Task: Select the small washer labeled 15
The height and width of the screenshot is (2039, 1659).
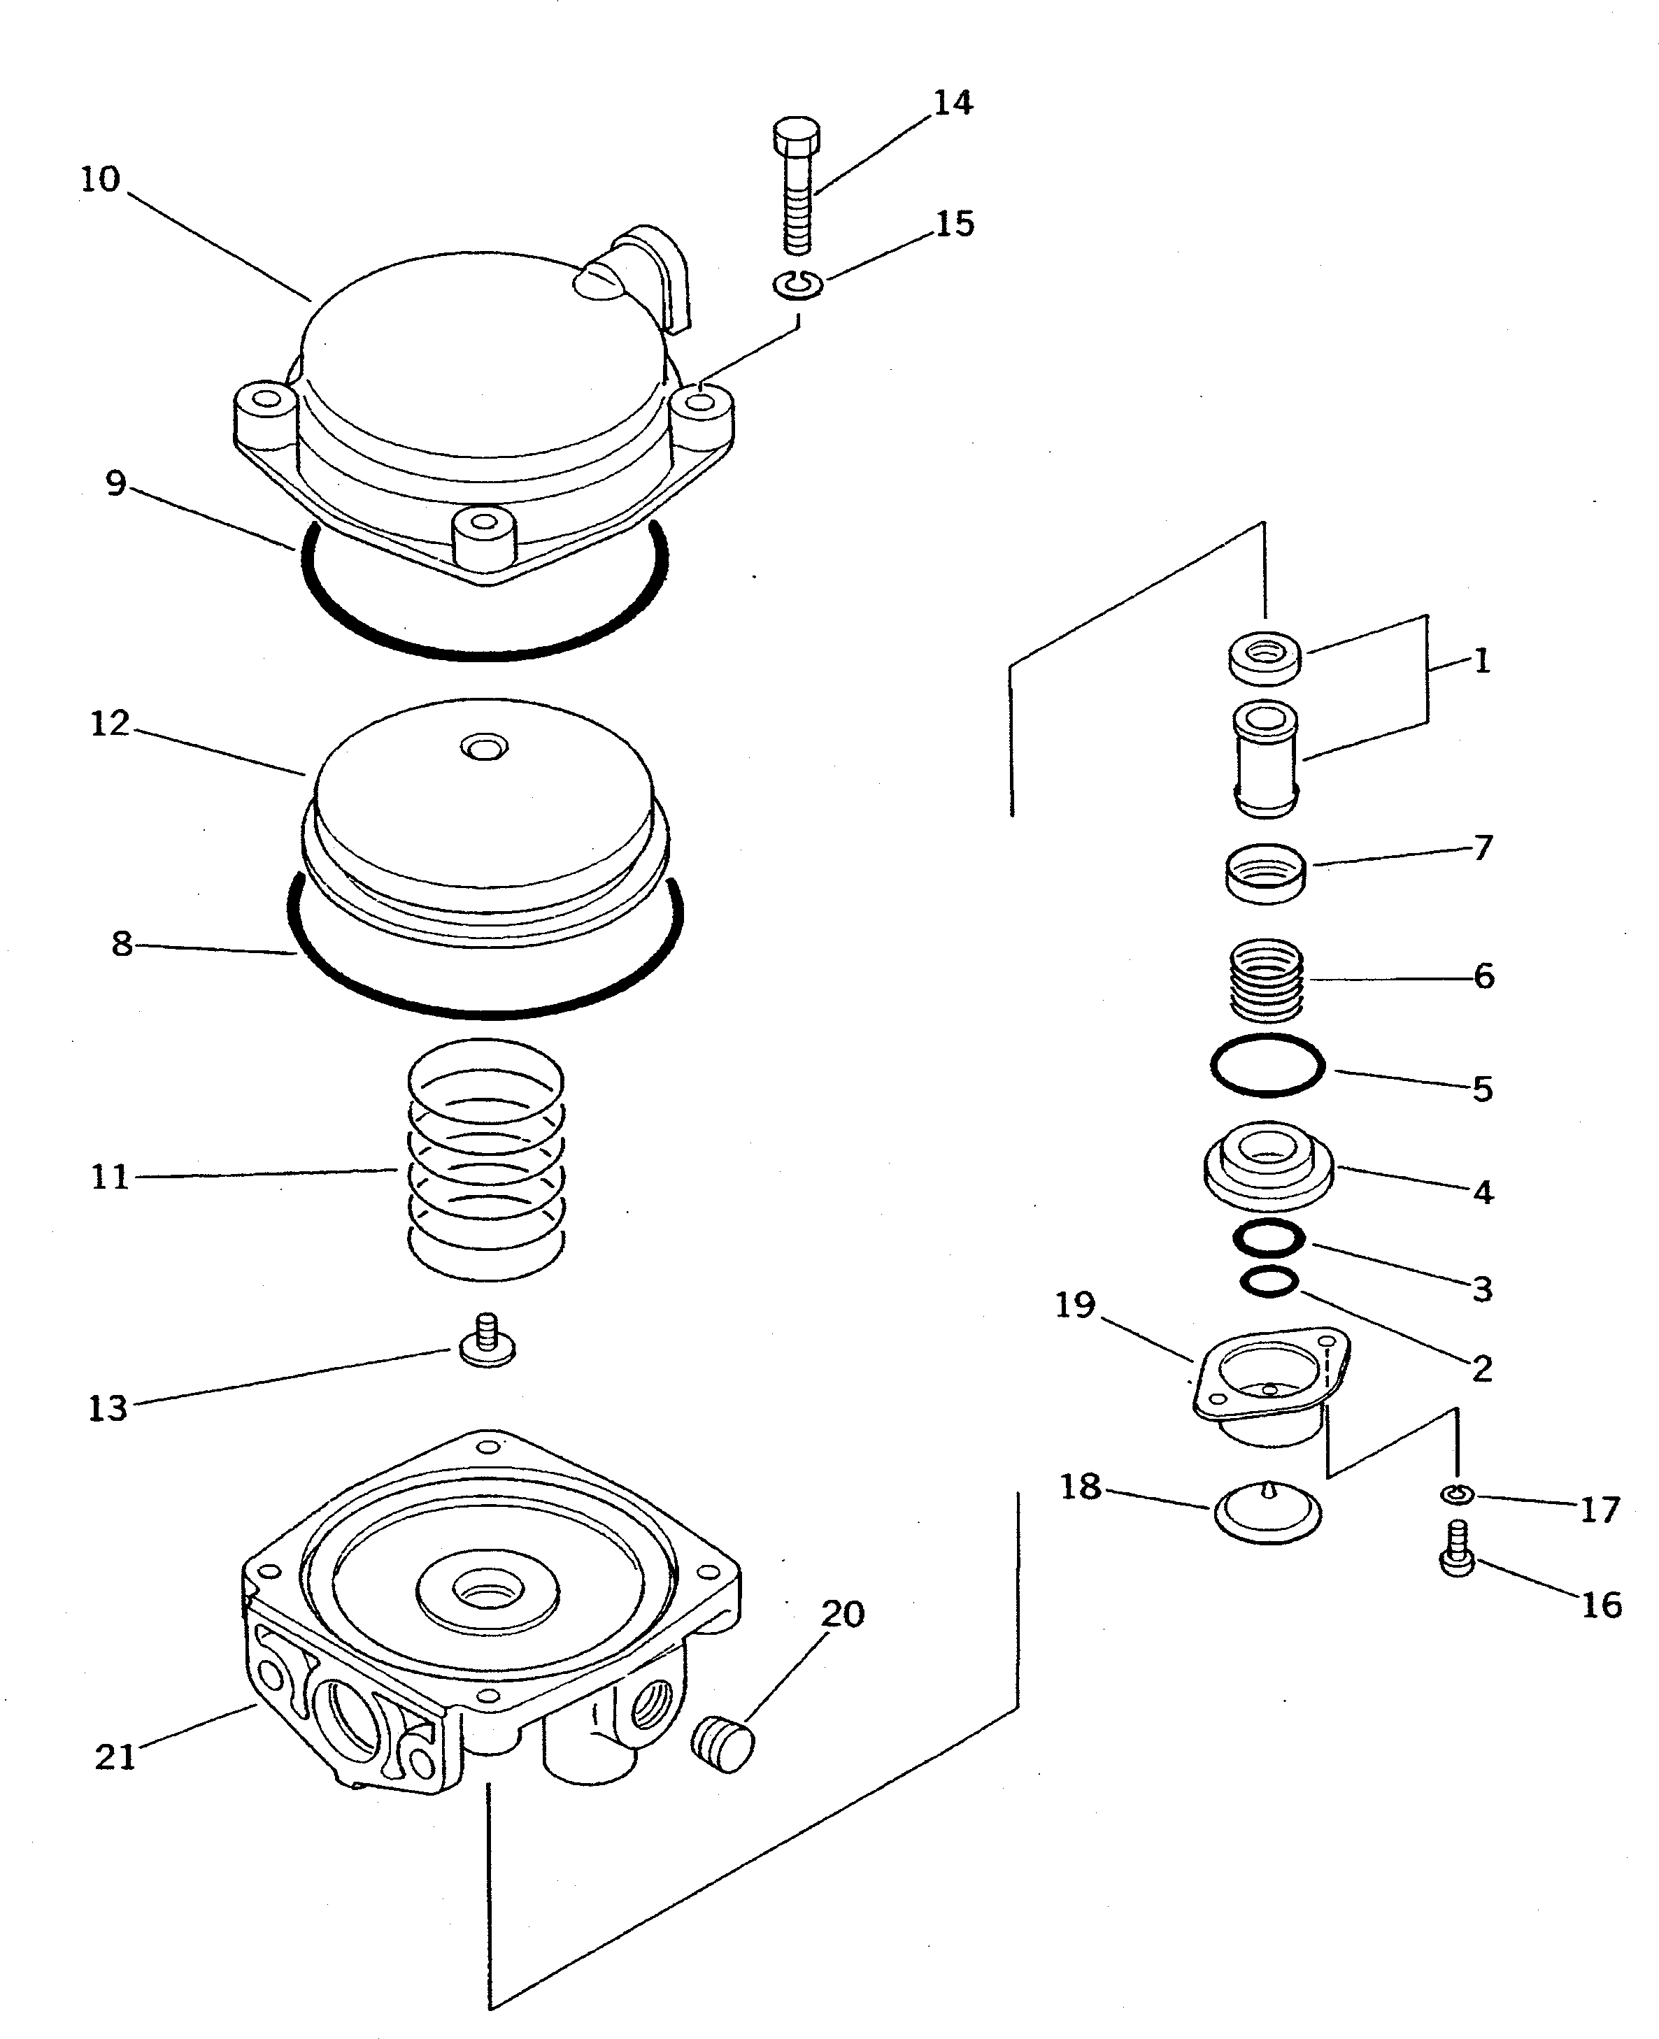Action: point(797,284)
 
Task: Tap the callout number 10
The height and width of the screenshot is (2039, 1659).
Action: point(99,179)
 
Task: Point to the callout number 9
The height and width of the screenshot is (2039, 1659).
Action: point(115,483)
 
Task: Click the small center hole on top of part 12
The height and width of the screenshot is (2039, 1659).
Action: point(485,746)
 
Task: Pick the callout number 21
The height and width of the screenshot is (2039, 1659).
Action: point(115,1757)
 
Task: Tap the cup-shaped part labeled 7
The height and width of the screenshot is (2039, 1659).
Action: point(1266,873)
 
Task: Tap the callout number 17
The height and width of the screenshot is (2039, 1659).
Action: point(1600,1510)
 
